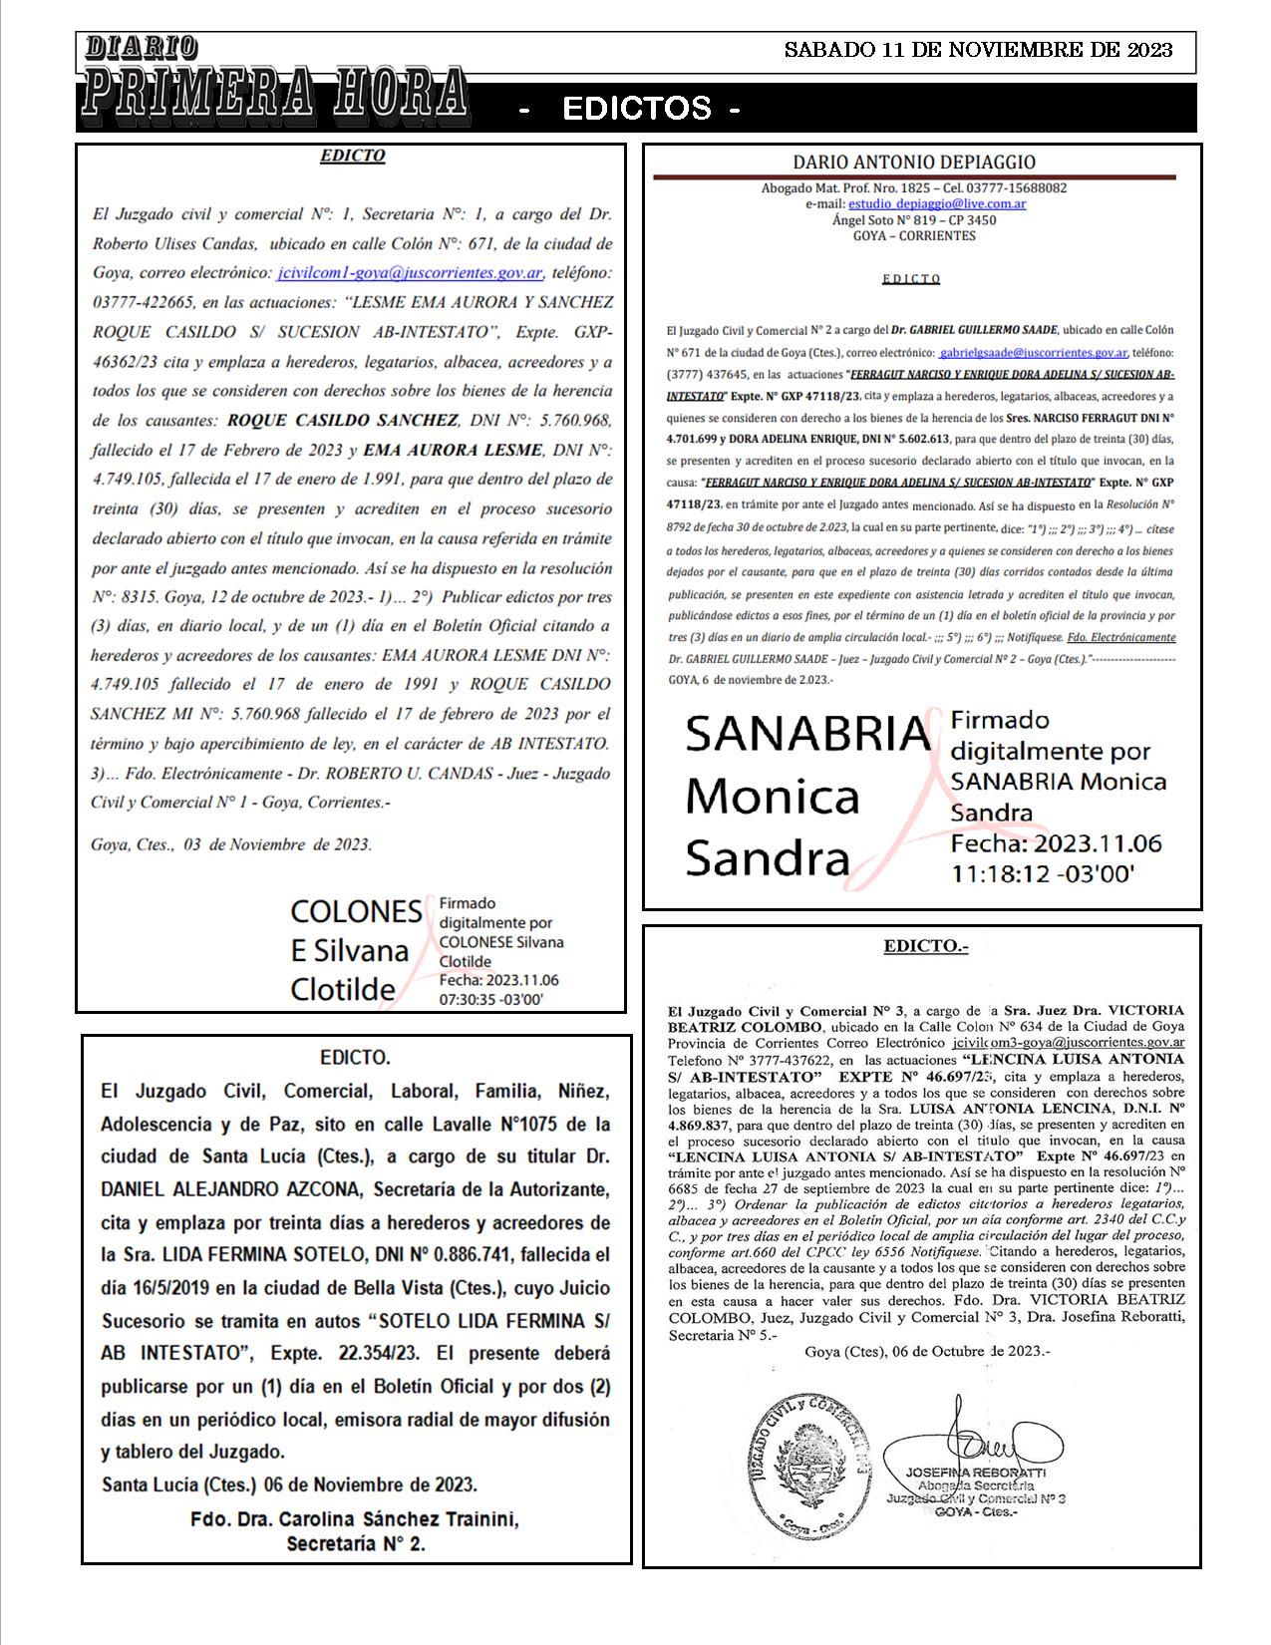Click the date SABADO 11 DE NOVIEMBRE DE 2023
[978, 50]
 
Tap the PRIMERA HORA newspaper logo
[274, 92]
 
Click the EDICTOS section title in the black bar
[636, 109]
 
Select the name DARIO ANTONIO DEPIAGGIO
[913, 163]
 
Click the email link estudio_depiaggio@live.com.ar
[936, 203]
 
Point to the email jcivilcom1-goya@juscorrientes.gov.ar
[410, 273]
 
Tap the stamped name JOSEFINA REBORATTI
[975, 1473]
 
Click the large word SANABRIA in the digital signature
[806, 735]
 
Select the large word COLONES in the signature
[356, 911]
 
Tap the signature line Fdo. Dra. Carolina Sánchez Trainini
[355, 1520]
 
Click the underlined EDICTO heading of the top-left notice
[352, 157]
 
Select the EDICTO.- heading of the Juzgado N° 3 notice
[925, 946]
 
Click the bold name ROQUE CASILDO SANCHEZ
[343, 421]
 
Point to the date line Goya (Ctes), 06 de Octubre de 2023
[926, 1352]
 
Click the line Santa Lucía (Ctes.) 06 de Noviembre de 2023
[289, 1484]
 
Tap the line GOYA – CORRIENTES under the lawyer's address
[913, 236]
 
